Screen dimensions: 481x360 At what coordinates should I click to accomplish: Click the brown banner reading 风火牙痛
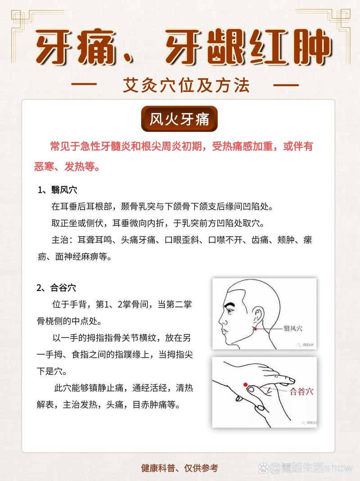pos(180,119)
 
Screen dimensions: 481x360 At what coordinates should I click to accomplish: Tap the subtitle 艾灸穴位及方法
pos(186,85)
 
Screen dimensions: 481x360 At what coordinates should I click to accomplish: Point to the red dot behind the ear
pos(256,329)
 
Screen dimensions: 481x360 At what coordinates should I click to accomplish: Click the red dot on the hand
pos(246,385)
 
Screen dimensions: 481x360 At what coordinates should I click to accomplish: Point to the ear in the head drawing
pos(258,315)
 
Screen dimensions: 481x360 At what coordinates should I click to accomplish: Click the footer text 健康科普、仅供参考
pos(180,468)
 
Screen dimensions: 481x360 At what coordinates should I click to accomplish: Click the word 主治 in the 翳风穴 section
pos(59,240)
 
